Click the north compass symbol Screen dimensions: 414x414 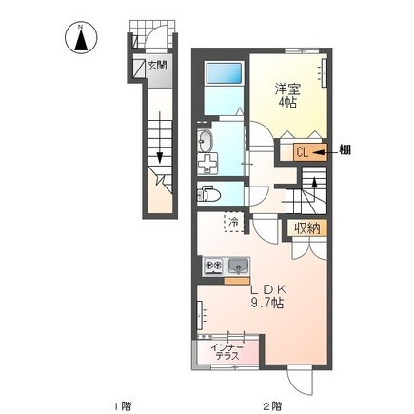(x=81, y=38)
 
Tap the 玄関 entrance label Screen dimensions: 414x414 (x=157, y=66)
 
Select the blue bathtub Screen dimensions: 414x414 (x=224, y=74)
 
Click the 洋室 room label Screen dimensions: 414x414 (x=287, y=89)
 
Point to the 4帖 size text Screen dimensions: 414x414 (x=286, y=103)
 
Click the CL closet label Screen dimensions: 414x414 (x=303, y=152)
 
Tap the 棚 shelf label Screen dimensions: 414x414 (x=345, y=149)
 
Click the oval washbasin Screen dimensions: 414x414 (x=206, y=142)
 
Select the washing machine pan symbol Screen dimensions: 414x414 (x=207, y=164)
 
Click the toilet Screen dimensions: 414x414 (x=207, y=194)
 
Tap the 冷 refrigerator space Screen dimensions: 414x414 (x=234, y=222)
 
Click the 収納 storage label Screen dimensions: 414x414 (x=306, y=228)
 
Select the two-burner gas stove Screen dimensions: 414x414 (x=213, y=266)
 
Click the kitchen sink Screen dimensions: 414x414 (x=238, y=266)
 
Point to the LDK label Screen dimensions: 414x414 (x=268, y=289)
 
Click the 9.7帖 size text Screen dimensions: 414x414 (x=267, y=304)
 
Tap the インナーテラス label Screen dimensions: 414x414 (x=227, y=352)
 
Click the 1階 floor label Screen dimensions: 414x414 (x=122, y=405)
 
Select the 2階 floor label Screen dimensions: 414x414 (x=272, y=405)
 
